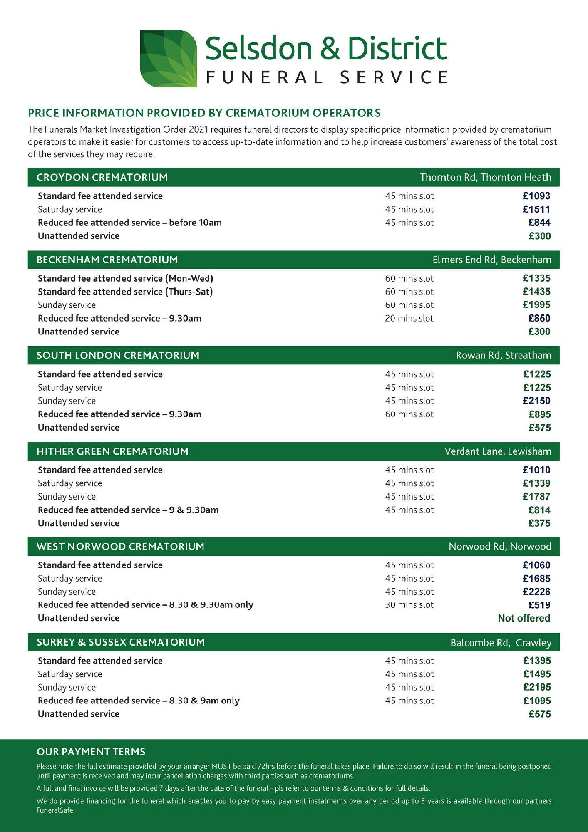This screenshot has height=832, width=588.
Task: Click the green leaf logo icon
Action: point(168,58)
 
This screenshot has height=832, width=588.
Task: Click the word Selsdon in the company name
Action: point(258,49)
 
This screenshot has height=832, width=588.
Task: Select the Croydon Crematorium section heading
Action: point(102,177)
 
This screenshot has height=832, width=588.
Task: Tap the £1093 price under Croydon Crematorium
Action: point(536,196)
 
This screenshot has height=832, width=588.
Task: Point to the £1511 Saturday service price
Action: point(536,209)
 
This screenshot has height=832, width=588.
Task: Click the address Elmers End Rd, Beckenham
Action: point(491,260)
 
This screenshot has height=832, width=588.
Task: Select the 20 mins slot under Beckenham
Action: point(409,318)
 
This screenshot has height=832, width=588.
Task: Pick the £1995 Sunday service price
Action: point(536,305)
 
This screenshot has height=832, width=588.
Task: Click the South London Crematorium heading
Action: point(118,355)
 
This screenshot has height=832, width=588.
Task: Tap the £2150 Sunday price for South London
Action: point(536,401)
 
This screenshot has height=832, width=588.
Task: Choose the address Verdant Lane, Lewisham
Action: point(497,451)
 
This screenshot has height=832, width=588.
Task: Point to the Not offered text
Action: point(524,618)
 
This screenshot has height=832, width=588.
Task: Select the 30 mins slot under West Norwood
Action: point(409,605)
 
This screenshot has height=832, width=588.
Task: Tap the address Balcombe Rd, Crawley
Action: point(501,643)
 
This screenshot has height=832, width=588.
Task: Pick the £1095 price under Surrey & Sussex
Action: point(537,701)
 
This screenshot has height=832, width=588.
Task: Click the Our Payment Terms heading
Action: point(91,752)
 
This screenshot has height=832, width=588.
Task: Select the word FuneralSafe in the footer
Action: point(55,810)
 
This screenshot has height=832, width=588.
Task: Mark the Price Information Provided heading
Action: point(204,113)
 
